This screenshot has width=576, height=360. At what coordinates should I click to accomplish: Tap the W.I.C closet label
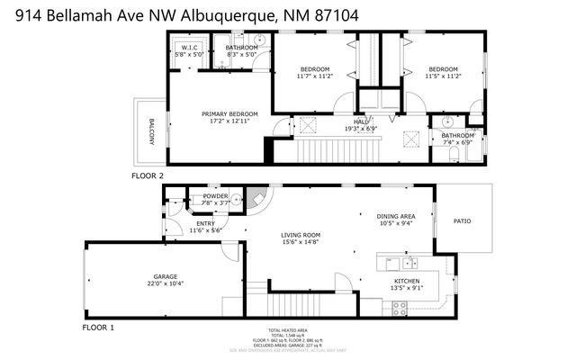tap(189, 50)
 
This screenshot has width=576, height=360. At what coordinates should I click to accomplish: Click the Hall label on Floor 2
tap(360, 125)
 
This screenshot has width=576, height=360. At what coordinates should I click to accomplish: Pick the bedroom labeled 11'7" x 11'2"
tap(315, 73)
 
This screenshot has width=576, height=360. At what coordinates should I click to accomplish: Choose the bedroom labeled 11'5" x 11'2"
tap(443, 73)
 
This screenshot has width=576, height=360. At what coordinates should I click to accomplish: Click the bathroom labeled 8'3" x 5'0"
tap(241, 50)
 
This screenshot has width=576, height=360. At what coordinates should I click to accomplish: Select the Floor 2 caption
tap(148, 175)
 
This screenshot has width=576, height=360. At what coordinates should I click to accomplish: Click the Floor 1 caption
tap(98, 328)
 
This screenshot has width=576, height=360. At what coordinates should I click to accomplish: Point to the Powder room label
tap(216, 199)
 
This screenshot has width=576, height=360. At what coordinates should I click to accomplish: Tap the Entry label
tap(205, 227)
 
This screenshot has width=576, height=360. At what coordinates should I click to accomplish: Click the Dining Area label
tap(395, 220)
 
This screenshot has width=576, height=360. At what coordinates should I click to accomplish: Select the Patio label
tap(462, 221)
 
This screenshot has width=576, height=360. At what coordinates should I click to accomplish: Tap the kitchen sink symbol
tap(409, 263)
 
